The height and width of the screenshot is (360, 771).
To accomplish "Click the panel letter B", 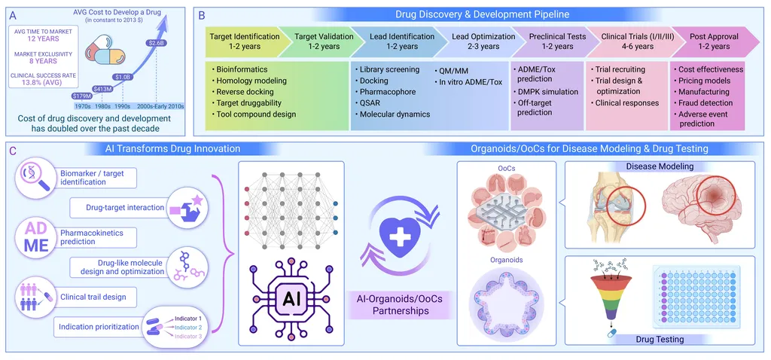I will coord(201,14).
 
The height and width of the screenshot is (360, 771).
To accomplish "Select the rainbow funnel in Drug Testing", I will coord(606,301).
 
